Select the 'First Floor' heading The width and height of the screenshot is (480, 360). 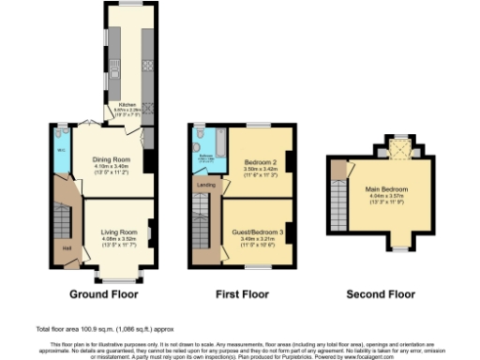(x=242, y=294)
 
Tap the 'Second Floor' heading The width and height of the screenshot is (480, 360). (x=381, y=294)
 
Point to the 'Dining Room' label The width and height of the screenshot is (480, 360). (x=110, y=159)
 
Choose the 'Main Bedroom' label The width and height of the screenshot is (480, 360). (x=388, y=190)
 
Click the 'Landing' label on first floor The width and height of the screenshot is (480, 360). (x=204, y=185)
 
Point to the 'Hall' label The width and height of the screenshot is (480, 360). (x=67, y=248)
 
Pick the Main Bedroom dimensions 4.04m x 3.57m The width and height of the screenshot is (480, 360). (x=388, y=199)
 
